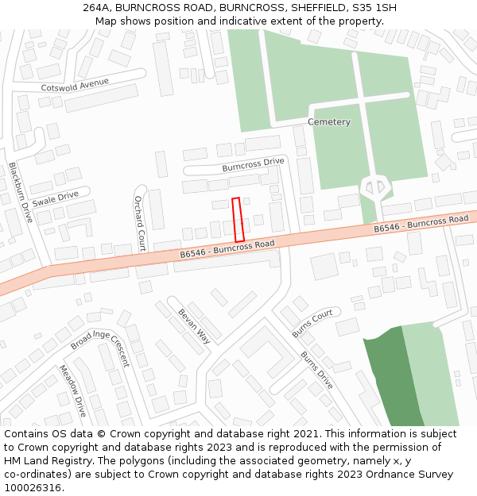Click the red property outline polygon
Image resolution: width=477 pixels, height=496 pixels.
click(x=237, y=219)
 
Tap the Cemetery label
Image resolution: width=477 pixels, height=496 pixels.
click(x=329, y=122)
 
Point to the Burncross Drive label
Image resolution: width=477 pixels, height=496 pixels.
click(x=253, y=164)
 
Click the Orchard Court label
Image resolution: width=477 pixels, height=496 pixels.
click(x=139, y=223)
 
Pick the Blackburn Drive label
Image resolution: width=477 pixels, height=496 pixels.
click(x=19, y=192)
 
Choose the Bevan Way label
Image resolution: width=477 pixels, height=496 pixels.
click(x=193, y=325)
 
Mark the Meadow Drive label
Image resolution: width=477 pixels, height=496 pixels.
click(x=72, y=390)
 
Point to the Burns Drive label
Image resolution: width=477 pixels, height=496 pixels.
click(x=316, y=370)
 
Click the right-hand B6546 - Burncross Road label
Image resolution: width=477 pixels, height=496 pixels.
click(x=421, y=224)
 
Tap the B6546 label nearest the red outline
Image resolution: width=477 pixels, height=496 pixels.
click(x=227, y=248)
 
